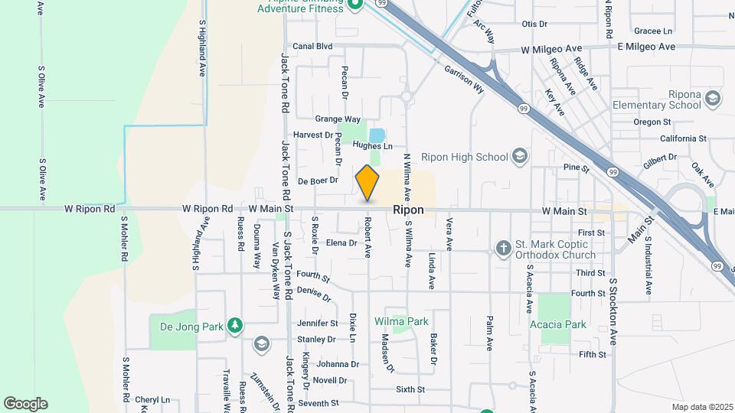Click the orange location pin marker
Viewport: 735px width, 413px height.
367,183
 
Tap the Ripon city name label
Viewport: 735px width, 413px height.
408,210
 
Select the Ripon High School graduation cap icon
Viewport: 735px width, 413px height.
521,157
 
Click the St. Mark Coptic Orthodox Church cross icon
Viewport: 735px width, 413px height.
503,248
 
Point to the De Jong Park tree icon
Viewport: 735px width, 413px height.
235,327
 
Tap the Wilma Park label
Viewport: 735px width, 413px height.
401,321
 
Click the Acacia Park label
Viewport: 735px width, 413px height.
557,324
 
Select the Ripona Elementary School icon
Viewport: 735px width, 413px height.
713,99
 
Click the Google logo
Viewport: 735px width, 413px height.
25,404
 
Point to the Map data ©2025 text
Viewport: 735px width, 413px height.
701,407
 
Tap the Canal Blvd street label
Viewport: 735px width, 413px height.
312,46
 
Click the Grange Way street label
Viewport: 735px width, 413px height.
338,119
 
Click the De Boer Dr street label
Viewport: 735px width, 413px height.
318,180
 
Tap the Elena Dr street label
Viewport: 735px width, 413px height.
341,243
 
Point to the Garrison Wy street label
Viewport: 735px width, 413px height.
465,77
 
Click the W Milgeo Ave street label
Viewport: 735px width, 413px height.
552,50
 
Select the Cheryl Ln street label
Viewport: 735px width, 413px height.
152,400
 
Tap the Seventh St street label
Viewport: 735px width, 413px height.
318,403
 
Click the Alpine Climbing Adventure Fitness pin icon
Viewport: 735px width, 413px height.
354,5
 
